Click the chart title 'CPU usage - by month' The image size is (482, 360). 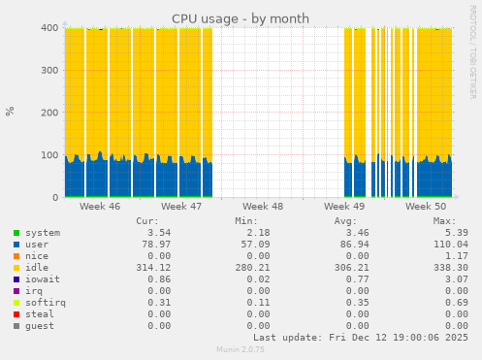pos(241,18)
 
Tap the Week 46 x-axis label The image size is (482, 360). pos(100,207)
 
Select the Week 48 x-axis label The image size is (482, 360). pos(263,207)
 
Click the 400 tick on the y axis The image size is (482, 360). pos(48,28)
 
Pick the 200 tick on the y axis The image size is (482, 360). pos(48,113)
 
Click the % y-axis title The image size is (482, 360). pos(11,111)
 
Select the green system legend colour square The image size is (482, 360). pos(16,233)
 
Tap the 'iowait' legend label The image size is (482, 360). pos(43,279)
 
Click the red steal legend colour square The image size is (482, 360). pos(16,314)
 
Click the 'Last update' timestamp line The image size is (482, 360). pos(361,338)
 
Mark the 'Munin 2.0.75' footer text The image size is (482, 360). pos(241,350)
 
